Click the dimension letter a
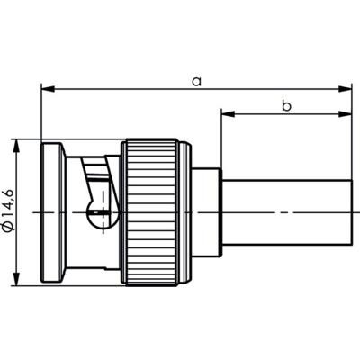click(x=195, y=81)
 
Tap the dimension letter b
click(x=286, y=105)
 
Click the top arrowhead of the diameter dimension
click(x=18, y=147)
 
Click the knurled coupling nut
click(x=153, y=211)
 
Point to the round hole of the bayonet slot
click(x=100, y=215)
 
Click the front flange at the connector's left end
click(x=52, y=211)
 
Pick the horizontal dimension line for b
click(x=286, y=114)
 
